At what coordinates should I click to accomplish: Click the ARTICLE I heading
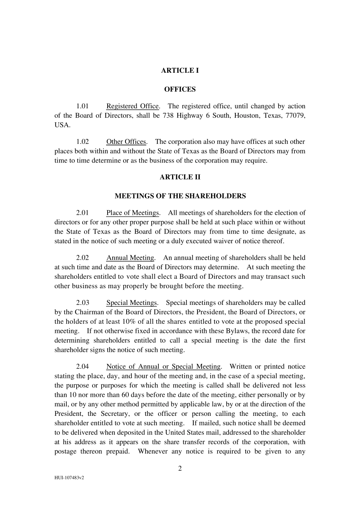tap(180, 70)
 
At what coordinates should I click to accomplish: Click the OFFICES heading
tap(180, 89)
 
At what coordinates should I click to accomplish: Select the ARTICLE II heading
tap(180, 177)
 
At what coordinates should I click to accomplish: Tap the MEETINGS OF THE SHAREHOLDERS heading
tap(180, 196)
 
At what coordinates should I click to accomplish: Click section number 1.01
tap(82, 106)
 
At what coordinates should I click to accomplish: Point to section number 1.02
tap(82, 142)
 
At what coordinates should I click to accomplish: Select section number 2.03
tap(82, 303)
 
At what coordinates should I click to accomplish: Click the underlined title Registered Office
tap(132, 106)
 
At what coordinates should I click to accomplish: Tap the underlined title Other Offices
tap(126, 142)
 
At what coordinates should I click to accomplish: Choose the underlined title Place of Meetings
tap(132, 213)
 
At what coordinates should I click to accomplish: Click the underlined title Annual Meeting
tap(130, 258)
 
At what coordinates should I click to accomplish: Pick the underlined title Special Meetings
tap(131, 303)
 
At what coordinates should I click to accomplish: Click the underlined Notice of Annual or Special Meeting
tap(163, 367)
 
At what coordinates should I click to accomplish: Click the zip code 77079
tap(296, 116)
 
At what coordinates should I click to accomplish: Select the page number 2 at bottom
tap(180, 468)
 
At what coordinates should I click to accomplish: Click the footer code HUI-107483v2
tap(69, 478)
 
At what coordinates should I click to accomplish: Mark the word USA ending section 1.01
tap(62, 125)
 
